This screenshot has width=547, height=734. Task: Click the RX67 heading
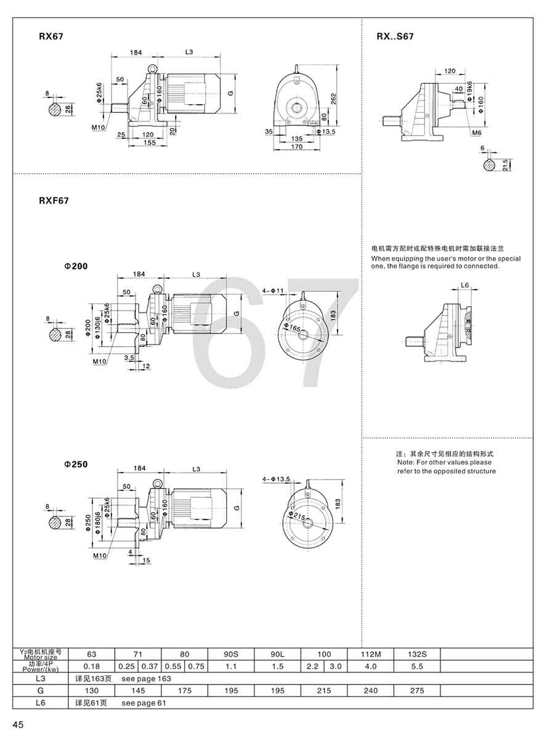pos(51,36)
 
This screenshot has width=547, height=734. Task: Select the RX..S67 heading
pos(395,36)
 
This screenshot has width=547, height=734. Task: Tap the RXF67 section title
pos(54,200)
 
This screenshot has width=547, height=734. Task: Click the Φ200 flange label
pos(75,266)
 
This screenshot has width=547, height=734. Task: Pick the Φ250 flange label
pos(75,464)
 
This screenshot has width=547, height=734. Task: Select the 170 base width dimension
pos(297,147)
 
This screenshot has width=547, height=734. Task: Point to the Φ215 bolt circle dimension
pos(298,514)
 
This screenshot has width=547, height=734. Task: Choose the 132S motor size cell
pos(417,654)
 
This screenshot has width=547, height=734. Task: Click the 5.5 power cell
pos(417,666)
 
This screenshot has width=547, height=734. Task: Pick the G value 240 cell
pos(371,691)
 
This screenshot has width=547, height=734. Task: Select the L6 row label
pos(41,703)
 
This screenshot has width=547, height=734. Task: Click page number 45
pos(17,724)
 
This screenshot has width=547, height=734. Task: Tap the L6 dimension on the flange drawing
pos(465,285)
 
